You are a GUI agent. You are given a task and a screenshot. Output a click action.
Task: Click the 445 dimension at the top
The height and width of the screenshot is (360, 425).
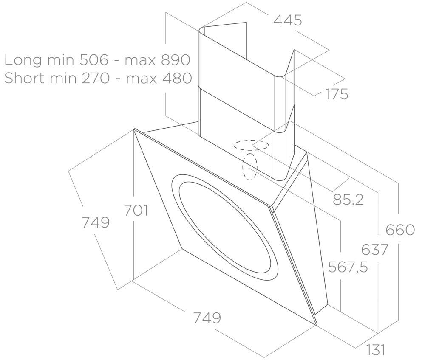click(x=288, y=20)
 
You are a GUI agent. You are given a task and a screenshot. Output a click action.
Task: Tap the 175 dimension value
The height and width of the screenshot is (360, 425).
click(x=337, y=94)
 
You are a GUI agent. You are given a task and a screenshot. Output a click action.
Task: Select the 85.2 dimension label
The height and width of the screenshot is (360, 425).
click(x=348, y=200)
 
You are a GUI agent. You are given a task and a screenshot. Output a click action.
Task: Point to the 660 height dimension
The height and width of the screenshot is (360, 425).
click(x=400, y=230)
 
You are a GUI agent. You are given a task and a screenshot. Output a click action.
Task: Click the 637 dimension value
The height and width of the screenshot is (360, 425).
click(x=375, y=249)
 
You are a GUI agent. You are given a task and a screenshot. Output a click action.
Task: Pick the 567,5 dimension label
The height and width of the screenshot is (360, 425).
click(x=348, y=267)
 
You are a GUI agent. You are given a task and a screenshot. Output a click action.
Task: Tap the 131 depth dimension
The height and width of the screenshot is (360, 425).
click(x=376, y=349)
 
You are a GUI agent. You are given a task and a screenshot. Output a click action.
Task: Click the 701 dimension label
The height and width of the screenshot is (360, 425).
click(x=136, y=210)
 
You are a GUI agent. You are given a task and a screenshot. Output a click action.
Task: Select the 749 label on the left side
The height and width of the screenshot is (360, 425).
click(x=96, y=222)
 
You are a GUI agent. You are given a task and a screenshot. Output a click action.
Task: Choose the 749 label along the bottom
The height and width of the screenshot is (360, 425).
click(x=207, y=318)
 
